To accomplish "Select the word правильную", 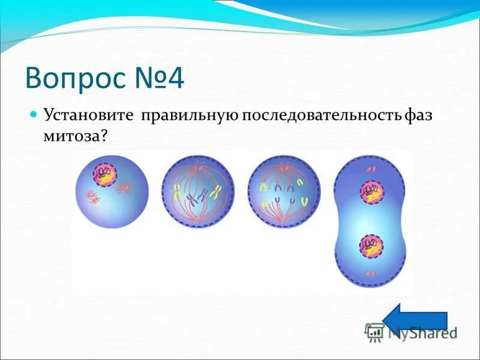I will coord(190,115).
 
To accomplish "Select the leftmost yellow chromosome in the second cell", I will coord(178,193).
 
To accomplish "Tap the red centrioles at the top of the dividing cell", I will coord(371,170).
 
